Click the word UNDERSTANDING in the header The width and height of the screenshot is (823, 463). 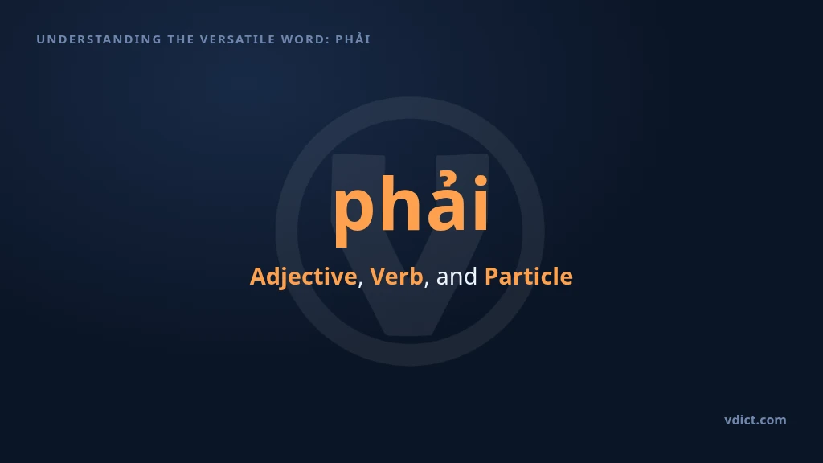[99, 39]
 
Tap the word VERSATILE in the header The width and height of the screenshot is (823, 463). [238, 39]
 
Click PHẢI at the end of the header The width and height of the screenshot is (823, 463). [354, 39]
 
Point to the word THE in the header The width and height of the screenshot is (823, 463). [181, 39]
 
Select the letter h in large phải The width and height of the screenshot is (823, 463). [402, 203]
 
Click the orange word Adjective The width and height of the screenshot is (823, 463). [303, 277]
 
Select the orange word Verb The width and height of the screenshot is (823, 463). [396, 277]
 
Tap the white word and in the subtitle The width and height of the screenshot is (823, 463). [457, 277]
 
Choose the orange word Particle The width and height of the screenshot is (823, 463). [529, 277]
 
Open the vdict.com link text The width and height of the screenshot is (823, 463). [755, 420]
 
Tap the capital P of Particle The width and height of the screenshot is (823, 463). [492, 277]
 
